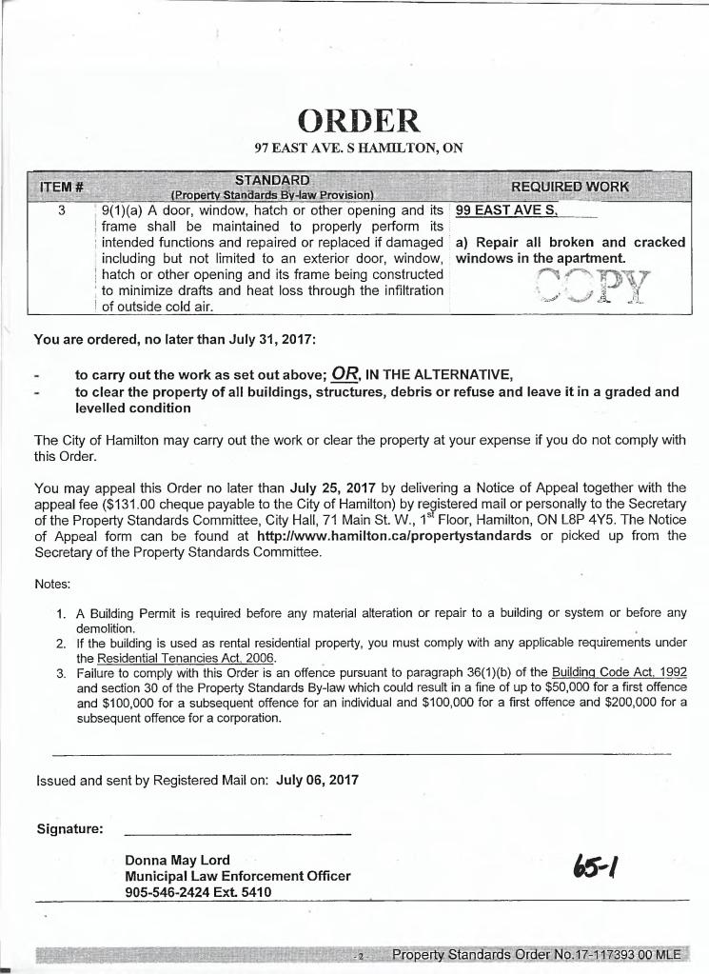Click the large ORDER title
pyautogui.click(x=358, y=120)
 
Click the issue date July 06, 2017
pyautogui.click(x=317, y=780)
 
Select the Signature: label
pyautogui.click(x=69, y=828)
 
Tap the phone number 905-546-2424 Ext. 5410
pyautogui.click(x=198, y=892)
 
